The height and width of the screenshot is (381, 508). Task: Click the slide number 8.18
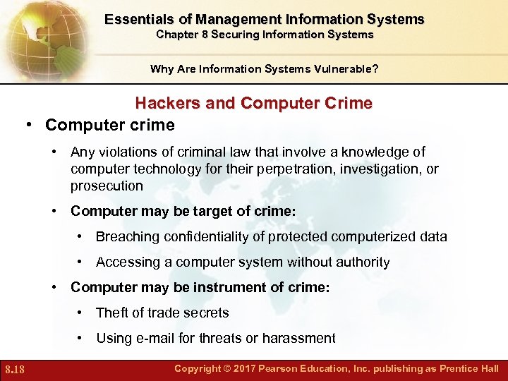[x=14, y=370]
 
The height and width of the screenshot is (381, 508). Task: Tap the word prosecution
[x=107, y=186]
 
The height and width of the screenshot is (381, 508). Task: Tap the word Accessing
[x=126, y=262]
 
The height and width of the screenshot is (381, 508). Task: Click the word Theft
[x=112, y=313]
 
